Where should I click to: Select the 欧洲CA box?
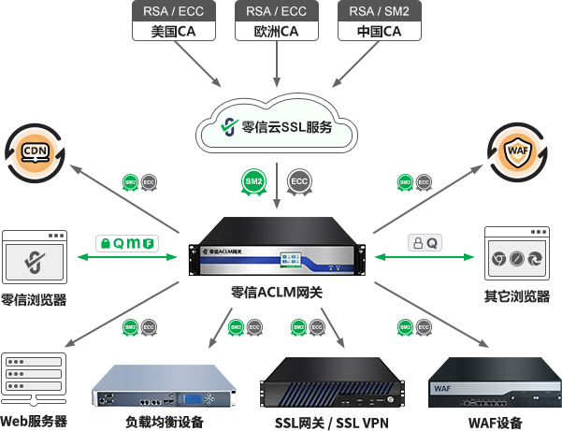click(x=275, y=22)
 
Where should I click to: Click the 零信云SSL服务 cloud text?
click(x=287, y=127)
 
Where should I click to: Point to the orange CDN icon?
click(x=35, y=150)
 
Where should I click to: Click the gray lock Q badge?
click(x=425, y=242)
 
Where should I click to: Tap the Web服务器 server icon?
click(x=34, y=380)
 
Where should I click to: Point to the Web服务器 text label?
click(x=35, y=422)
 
